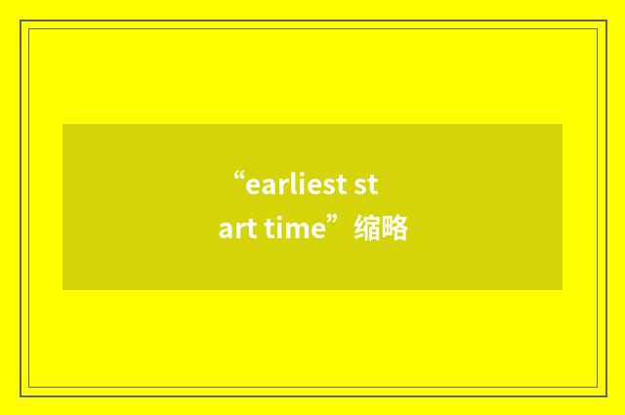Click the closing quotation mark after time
click(336, 224)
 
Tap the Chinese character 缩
click(367, 230)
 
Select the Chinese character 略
click(395, 230)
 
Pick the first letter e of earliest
click(252, 185)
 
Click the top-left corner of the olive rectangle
click(62, 124)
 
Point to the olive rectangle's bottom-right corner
click(562, 290)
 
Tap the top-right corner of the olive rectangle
click(562, 124)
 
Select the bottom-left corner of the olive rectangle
click(62, 290)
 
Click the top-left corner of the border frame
click(21, 21)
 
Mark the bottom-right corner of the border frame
click(604, 394)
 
